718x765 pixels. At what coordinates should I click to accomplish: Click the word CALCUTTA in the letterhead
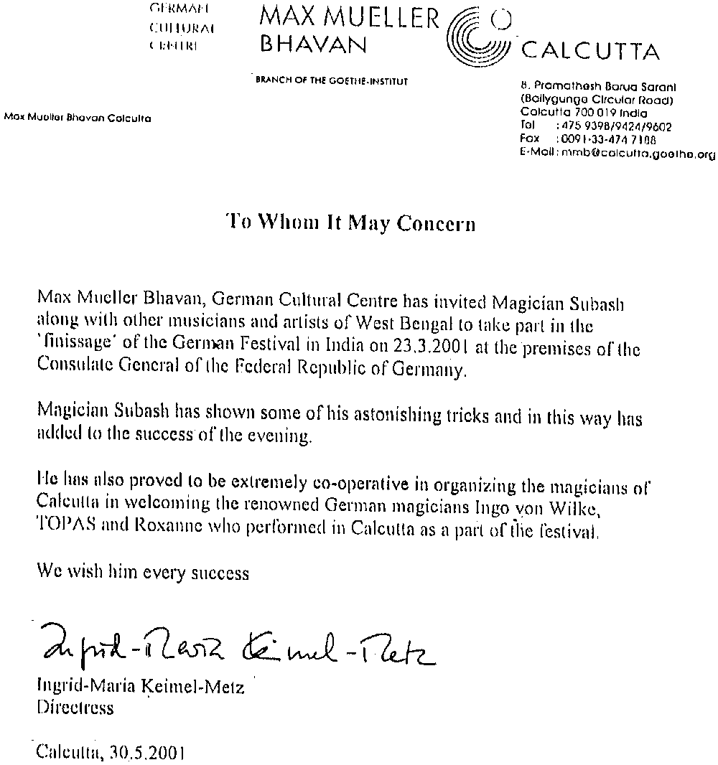[589, 52]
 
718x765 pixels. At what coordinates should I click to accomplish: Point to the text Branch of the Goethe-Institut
[332, 82]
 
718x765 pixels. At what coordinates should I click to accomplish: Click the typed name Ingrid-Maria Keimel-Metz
[140, 687]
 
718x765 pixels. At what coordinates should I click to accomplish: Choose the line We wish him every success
[143, 573]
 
